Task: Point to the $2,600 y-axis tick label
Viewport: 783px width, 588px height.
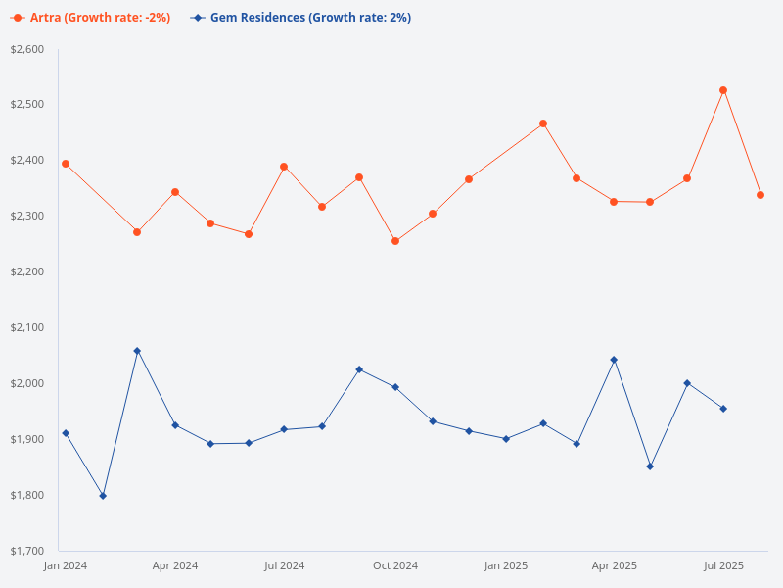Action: [26, 49]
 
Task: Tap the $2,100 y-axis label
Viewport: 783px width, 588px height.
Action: [26, 327]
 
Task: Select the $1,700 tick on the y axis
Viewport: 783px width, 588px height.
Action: [26, 551]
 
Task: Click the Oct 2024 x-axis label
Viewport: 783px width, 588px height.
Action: [395, 565]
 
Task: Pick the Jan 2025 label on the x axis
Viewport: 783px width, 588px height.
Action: [506, 565]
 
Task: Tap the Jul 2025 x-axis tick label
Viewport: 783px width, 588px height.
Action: [724, 565]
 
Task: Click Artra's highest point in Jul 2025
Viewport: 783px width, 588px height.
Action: [723, 90]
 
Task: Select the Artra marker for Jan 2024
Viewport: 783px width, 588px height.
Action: [66, 164]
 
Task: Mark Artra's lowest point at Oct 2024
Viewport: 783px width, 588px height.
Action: [395, 241]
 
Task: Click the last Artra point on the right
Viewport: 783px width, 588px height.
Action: [760, 195]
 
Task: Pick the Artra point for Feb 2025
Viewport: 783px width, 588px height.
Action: [543, 123]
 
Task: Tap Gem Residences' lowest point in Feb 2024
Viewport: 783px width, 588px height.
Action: [103, 496]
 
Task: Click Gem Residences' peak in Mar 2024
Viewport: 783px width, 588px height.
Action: [137, 351]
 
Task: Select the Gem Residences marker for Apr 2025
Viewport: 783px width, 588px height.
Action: [614, 360]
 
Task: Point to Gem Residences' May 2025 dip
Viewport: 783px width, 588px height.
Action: [650, 466]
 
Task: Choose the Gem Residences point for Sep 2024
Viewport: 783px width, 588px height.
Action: [359, 369]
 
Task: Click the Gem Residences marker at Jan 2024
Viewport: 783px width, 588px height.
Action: [66, 433]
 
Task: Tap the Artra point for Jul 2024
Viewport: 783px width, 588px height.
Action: [284, 167]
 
